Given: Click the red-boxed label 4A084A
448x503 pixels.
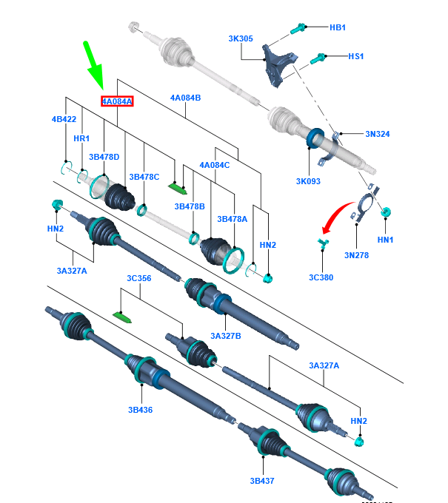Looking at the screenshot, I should click(117, 101).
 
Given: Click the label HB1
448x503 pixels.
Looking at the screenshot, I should click(337, 27).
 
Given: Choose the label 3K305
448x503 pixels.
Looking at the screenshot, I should click(241, 38).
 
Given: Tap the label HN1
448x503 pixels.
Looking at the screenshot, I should click(385, 240).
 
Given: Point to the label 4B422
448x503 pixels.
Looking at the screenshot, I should click(64, 119).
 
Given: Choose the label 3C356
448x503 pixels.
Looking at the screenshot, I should click(138, 278).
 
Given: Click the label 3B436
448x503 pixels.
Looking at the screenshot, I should click(139, 409).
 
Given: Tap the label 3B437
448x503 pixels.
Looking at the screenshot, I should click(261, 480).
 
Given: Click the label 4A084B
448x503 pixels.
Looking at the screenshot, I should click(185, 98).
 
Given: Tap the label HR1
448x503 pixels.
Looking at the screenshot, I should click(81, 138).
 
